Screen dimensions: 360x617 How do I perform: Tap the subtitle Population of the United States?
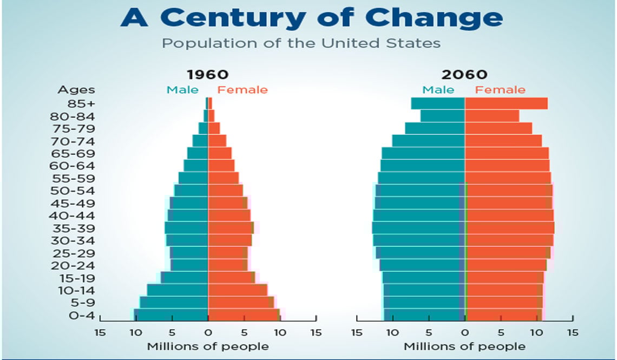click(x=301, y=43)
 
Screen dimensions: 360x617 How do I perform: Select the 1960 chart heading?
click(x=208, y=74)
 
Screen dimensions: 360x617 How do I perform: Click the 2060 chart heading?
click(x=464, y=74)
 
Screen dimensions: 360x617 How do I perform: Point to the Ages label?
click(x=76, y=90)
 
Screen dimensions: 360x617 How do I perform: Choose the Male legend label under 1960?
click(x=182, y=90)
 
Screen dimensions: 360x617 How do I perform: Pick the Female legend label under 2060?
click(x=500, y=90)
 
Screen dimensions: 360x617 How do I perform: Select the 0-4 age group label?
click(x=82, y=315)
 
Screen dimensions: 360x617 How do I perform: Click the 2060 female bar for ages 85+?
click(x=506, y=103)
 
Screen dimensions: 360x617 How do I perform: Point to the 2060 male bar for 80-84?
click(x=442, y=116)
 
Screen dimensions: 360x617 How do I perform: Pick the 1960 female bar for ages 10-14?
click(x=237, y=290)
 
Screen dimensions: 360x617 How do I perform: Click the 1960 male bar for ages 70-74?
click(x=200, y=141)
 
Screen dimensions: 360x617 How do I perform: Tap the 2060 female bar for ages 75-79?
click(x=498, y=128)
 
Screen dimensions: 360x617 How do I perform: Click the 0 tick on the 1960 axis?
click(x=208, y=332)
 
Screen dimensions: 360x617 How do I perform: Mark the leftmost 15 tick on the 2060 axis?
click(x=357, y=332)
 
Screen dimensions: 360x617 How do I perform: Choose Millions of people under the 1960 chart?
click(x=208, y=346)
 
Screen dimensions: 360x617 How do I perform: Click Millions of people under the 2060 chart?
click(x=464, y=346)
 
